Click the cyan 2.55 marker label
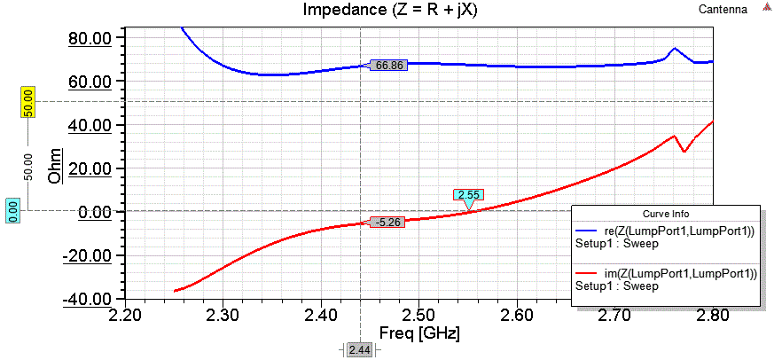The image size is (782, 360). pyautogui.click(x=469, y=195)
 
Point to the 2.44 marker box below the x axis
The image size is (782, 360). pyautogui.click(x=359, y=350)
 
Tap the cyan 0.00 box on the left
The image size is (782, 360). pyautogui.click(x=13, y=211)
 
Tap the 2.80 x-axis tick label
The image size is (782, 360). pyautogui.click(x=711, y=315)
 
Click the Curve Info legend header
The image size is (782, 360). pyautogui.click(x=666, y=214)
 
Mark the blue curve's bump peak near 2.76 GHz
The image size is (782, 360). pyautogui.click(x=675, y=48)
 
